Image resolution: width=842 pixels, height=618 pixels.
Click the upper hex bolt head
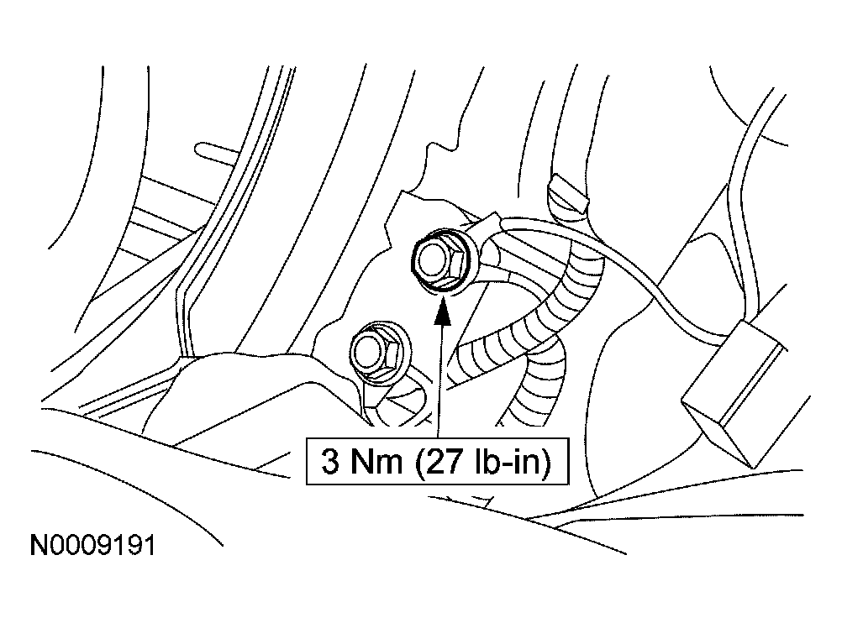click(439, 260)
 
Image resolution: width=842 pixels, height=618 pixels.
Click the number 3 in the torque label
click(330, 461)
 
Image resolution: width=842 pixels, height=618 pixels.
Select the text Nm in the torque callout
click(376, 461)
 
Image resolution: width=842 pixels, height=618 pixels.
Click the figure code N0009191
click(93, 546)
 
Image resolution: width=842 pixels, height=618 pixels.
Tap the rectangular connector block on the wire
click(734, 395)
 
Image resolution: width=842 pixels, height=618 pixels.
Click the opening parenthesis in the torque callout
click(421, 462)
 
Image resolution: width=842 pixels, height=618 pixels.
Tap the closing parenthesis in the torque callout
click(547, 462)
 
